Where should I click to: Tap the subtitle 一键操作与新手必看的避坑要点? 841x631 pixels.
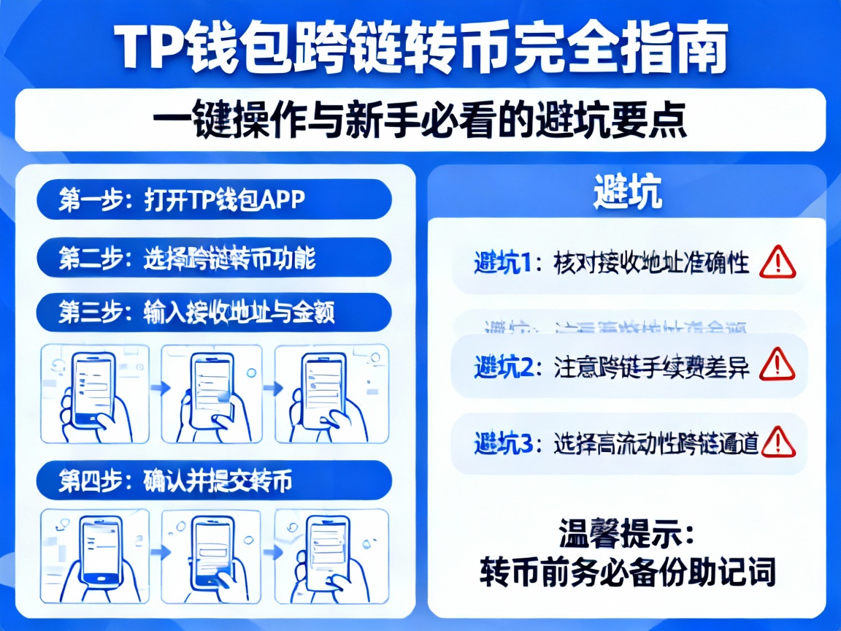[421, 120]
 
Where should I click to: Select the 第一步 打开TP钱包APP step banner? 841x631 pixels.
[213, 199]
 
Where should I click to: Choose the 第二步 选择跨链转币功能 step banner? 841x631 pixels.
[213, 258]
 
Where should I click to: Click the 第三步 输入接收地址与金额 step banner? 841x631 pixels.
[213, 313]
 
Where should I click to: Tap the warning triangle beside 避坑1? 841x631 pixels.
[776, 262]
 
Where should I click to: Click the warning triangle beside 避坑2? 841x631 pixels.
[776, 364]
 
